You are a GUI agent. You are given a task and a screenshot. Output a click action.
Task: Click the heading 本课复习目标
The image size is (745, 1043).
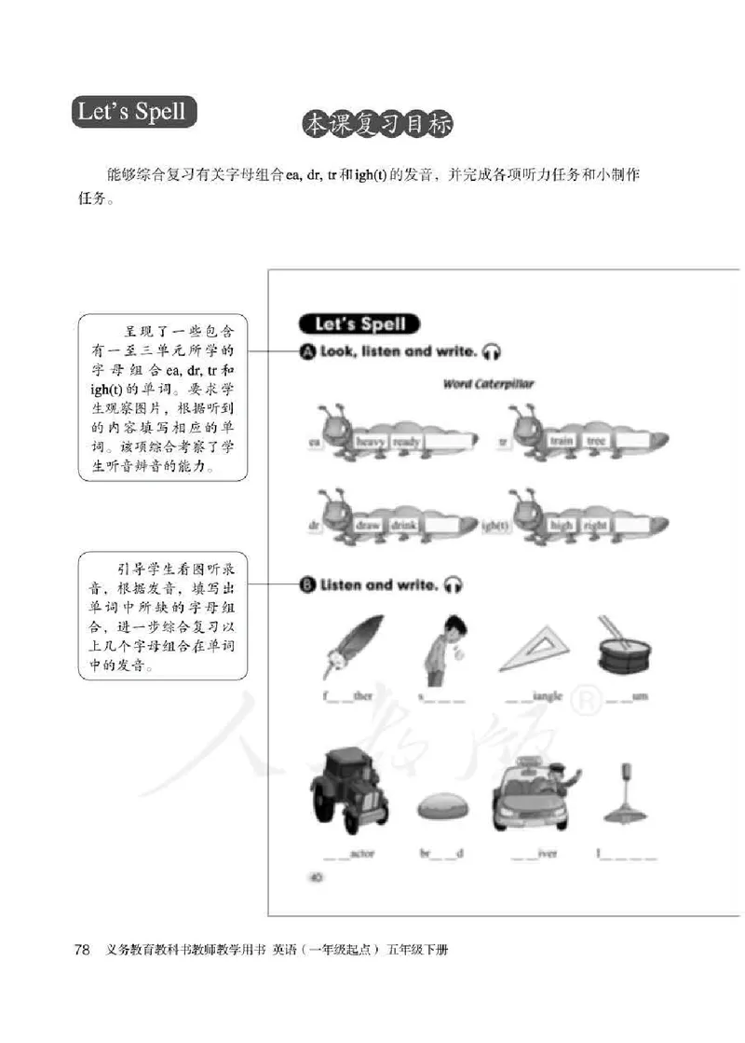coord(383,126)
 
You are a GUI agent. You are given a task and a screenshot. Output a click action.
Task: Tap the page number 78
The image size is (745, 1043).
coord(82,950)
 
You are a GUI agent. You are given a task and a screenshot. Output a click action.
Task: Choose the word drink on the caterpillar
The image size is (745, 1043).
coord(407,525)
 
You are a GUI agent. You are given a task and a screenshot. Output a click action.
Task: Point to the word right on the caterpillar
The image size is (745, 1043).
coord(596,526)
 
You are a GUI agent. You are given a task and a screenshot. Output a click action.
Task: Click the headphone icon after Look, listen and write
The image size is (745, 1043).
coord(493,352)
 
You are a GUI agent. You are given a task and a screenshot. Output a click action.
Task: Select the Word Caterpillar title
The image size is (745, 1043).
coord(481,384)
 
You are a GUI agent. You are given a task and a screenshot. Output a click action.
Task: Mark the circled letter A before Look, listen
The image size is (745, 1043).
coord(307,352)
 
